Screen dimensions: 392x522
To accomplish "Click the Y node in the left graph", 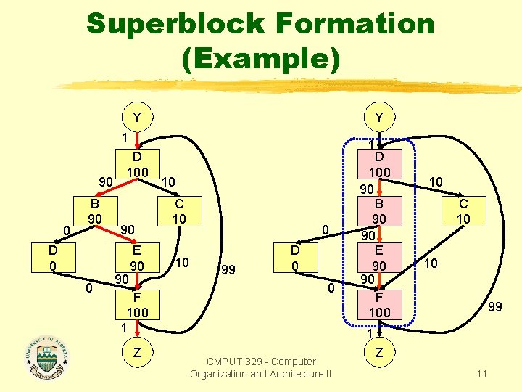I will coord(137,116).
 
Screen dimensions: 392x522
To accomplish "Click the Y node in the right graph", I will coord(379,116).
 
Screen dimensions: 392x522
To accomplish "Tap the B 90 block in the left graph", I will coord(94,211).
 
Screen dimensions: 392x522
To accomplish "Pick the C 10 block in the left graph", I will coord(179,211).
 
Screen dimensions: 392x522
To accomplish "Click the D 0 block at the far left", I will coord(53,258).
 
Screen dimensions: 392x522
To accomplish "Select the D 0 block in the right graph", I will coord(295,258).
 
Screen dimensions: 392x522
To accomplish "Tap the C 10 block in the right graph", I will coord(463,211).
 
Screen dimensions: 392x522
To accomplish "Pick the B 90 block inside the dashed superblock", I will coord(379,211).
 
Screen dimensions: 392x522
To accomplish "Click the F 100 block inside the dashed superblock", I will coord(379,304).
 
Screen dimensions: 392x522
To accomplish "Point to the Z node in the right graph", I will coord(379,352).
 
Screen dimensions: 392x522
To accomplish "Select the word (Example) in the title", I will coord(261,58).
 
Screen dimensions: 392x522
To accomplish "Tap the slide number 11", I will coord(481,374).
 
